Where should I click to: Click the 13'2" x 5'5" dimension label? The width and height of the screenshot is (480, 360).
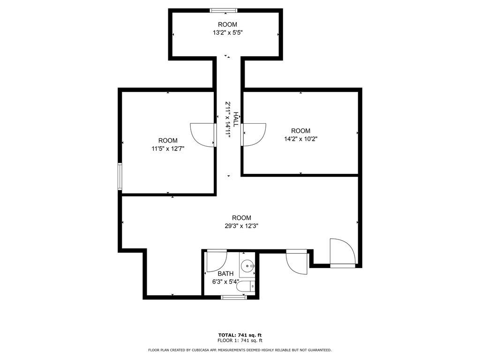pos(228,32)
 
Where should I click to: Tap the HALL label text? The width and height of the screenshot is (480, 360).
pos(236,120)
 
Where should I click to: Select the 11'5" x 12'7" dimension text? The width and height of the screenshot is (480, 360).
pos(168,149)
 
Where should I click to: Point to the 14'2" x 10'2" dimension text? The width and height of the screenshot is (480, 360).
pos(300,139)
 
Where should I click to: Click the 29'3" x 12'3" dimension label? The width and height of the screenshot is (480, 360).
pos(241,226)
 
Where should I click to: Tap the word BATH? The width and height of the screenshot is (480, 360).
pos(225,274)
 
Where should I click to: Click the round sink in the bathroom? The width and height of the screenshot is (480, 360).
pos(247,266)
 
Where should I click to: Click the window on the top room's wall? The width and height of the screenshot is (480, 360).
pos(224,11)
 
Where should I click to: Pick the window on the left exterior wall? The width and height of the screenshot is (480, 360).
pos(120,177)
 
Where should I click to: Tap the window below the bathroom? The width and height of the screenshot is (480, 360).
pos(234,297)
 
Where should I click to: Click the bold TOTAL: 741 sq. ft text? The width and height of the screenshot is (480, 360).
pos(240,335)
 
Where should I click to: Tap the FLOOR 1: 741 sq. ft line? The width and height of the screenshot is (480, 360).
pos(240,340)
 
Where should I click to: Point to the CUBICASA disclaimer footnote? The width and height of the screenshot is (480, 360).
pos(240,350)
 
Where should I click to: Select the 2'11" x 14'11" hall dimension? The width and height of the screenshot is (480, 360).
pos(228,120)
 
